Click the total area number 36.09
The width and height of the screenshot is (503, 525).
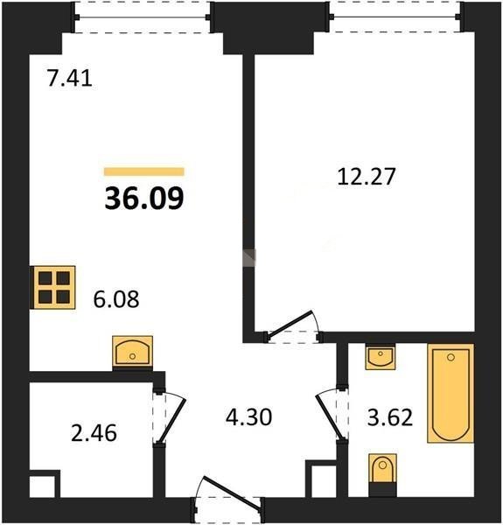click(144, 198)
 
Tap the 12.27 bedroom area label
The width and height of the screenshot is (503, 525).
click(367, 177)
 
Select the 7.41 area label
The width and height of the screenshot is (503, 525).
click(69, 79)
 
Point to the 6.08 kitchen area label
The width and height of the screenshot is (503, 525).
click(116, 299)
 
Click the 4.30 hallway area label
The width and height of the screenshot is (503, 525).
click(248, 417)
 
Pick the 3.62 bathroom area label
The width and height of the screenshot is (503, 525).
click(390, 417)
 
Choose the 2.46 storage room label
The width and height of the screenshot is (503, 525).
click(94, 432)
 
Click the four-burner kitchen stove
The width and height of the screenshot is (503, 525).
click(52, 287)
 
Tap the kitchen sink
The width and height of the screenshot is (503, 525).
click(132, 353)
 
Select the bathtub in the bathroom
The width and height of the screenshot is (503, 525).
click(451, 393)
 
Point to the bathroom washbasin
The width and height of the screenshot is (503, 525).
click(381, 357)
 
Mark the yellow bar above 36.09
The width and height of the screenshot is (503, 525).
click(144, 171)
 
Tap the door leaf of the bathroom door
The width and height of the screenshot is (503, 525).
click(329, 417)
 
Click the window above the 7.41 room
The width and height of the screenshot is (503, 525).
click(143, 17)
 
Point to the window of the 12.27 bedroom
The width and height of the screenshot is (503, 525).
click(395, 17)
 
